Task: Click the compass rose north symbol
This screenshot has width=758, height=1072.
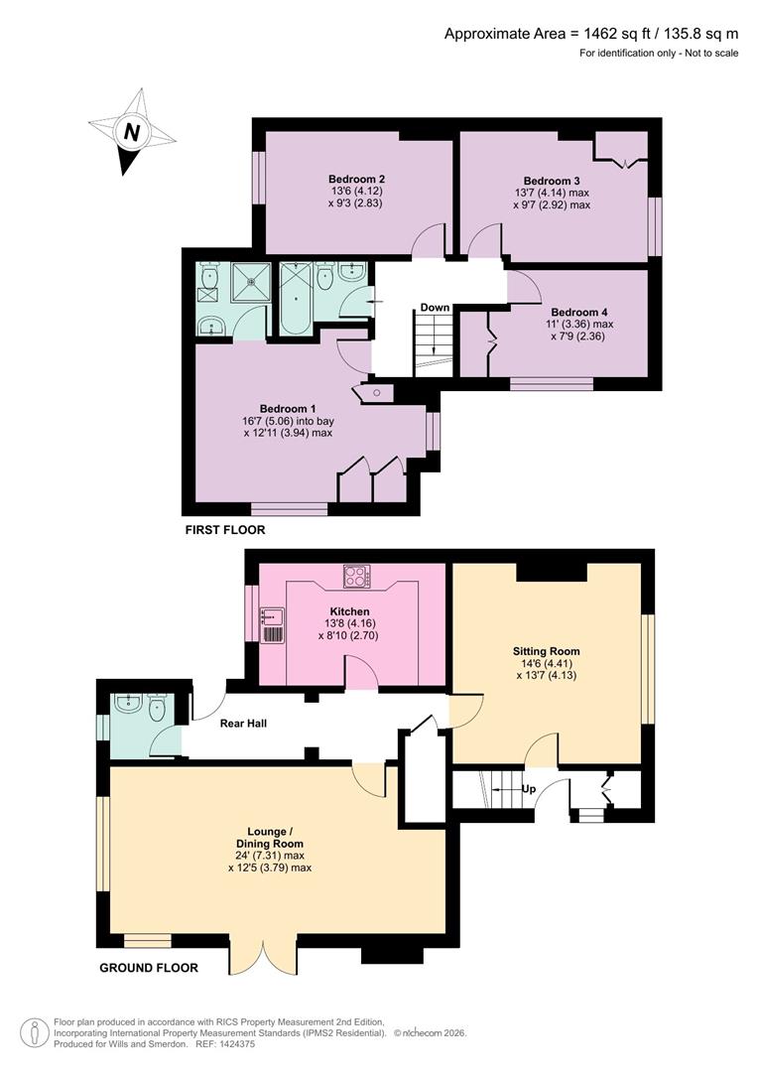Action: tap(129, 131)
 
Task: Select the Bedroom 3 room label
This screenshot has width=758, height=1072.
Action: tap(553, 180)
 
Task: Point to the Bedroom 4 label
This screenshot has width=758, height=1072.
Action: tap(578, 310)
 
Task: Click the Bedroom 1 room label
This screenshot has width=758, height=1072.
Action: tap(288, 408)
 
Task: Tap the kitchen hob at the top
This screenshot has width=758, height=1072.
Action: tap(356, 575)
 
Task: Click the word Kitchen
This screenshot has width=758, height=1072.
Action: tap(349, 611)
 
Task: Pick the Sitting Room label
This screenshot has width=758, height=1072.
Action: tap(547, 651)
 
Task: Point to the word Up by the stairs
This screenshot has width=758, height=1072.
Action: tap(530, 790)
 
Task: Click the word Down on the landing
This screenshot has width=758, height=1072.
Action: tap(435, 308)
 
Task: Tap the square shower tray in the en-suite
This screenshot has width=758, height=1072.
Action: tap(250, 281)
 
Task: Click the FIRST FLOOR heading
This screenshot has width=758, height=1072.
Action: tap(225, 531)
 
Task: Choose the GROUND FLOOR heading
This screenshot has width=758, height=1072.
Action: tap(148, 968)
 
